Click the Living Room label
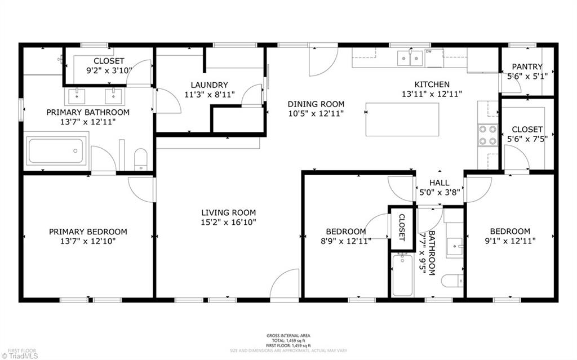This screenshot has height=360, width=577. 228,212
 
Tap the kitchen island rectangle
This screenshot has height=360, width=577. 402,119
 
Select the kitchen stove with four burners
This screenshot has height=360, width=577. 487,135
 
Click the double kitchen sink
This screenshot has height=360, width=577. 410,58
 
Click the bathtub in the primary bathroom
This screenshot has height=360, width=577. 56,150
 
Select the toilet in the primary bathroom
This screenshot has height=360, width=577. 140,159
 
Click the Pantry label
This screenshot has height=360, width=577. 527,66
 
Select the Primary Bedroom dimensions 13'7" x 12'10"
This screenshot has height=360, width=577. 88,241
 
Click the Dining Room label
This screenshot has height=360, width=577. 316,104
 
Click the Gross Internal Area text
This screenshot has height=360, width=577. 288,336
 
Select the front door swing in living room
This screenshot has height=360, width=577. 285,284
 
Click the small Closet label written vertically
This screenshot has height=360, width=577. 402,227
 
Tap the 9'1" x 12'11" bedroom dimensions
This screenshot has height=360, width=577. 509,241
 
